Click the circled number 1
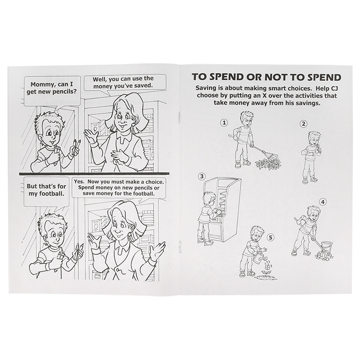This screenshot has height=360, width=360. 224,122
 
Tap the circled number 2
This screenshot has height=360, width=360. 303,124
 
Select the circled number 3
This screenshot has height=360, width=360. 202,176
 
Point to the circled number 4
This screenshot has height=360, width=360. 323,202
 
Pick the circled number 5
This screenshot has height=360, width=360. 271,238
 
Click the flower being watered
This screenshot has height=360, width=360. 266,269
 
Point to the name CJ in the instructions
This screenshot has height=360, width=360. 333,88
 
